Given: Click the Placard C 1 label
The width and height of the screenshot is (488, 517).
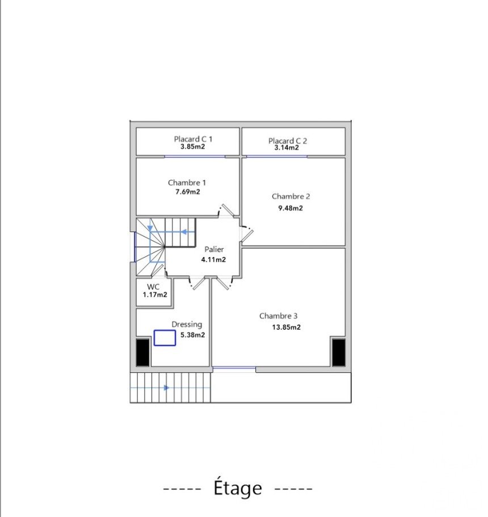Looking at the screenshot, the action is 193,139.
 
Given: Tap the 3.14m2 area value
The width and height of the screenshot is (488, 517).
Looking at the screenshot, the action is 287,148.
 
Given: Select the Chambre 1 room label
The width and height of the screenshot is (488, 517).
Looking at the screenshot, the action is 187,182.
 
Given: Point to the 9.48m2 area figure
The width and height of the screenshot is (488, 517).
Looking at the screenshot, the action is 291,208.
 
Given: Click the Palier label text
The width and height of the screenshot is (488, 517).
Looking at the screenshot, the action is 214,249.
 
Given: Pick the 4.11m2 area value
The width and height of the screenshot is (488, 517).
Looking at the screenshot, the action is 214,260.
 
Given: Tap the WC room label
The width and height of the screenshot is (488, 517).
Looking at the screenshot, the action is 153,287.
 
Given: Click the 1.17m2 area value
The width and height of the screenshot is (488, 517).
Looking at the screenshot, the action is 155,295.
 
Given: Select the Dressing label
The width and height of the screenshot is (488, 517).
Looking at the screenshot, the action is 187,325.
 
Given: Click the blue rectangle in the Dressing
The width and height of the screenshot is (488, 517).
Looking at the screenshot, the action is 165,338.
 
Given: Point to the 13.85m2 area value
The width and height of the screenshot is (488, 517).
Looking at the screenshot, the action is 286,327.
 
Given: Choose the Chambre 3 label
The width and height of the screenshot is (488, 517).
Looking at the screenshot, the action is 278,316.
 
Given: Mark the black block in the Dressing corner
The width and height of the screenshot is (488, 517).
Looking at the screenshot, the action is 143,352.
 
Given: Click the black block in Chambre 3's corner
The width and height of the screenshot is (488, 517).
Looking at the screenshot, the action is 339,352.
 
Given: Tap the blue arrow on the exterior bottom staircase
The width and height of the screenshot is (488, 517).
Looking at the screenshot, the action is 167,388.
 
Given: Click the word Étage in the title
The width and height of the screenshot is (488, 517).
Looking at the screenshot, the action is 238,488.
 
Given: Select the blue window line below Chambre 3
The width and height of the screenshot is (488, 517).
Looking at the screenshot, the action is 234,368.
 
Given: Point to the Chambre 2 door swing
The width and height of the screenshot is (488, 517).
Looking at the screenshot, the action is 247,232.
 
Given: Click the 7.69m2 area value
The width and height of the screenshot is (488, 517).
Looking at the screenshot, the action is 188,192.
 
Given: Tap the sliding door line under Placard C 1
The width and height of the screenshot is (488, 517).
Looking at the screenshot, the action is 195,157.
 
